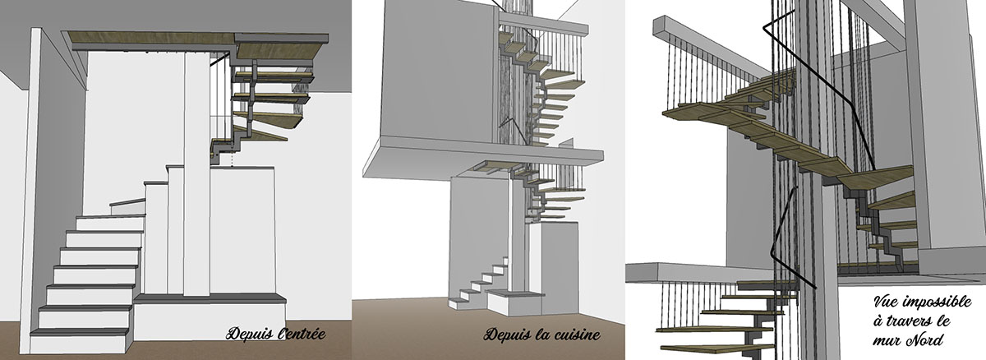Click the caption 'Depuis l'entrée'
coord(275,333)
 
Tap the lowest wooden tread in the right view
coord(715,347)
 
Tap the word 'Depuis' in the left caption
coord(249,333)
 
